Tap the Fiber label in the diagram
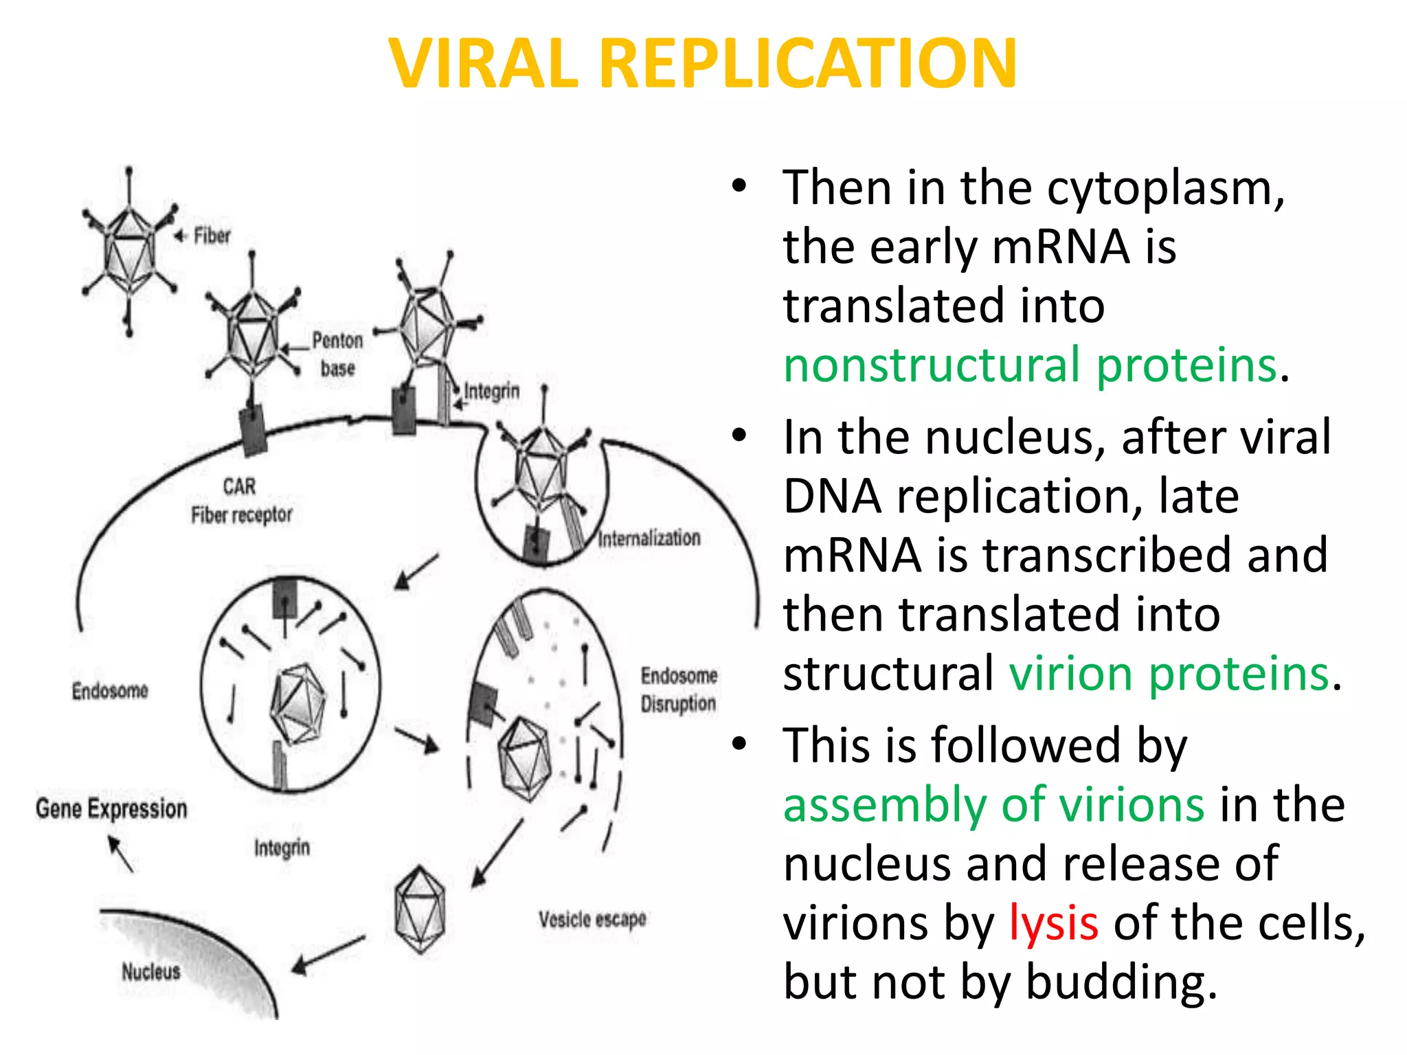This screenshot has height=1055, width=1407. coord(212,236)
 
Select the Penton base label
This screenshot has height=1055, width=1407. coord(337,354)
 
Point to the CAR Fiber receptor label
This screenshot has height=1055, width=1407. coord(241,501)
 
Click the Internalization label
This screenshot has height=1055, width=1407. coord(649,538)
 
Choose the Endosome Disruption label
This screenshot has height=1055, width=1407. coord(679,689)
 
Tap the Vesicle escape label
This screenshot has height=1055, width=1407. coord(592,919)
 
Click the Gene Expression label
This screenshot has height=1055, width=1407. coord(111,808)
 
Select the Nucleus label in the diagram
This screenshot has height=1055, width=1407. coord(151,971)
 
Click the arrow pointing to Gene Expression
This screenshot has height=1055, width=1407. coord(121,853)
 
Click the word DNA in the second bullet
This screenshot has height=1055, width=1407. coord(832,496)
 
